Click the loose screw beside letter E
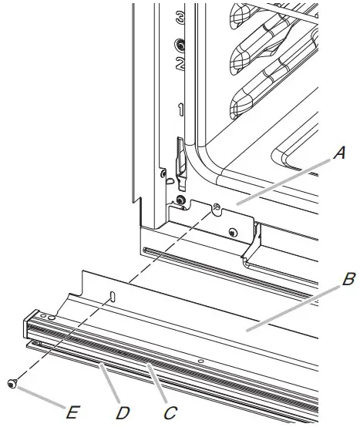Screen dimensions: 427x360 click(11, 383)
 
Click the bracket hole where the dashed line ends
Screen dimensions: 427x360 click(217, 207)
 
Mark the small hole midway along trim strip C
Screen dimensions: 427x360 click(200, 359)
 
